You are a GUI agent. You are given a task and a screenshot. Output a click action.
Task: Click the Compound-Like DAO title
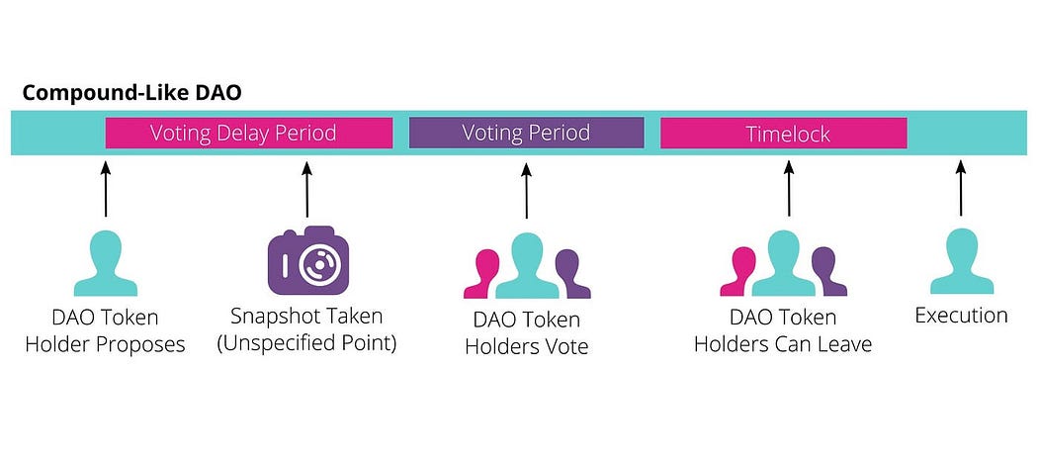click(131, 93)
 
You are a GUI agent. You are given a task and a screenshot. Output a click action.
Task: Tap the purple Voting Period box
click(526, 133)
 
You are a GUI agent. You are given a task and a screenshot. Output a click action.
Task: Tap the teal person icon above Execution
click(961, 263)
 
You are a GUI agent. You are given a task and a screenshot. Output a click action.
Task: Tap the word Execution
click(961, 316)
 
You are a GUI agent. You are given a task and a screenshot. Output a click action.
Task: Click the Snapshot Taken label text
click(306, 317)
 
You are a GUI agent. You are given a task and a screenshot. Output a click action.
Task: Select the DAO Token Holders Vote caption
click(526, 333)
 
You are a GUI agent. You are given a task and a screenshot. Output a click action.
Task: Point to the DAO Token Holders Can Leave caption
click(783, 331)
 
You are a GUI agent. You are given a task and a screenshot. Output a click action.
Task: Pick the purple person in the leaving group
click(828, 273)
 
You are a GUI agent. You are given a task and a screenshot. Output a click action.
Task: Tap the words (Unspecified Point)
click(306, 344)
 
